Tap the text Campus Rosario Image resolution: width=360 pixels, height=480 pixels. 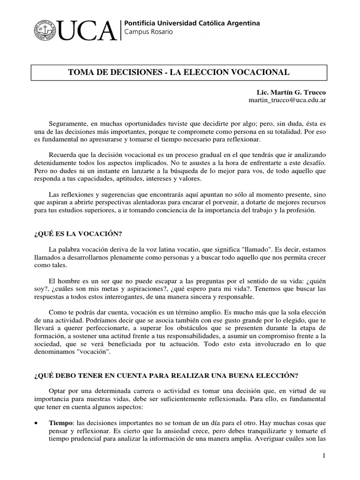pos(148,32)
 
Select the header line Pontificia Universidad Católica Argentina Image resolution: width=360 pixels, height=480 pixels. pos(191,23)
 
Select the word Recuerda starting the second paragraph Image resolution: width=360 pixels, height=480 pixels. pos(63,155)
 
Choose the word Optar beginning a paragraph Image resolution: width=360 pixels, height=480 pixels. pos(59,390)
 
